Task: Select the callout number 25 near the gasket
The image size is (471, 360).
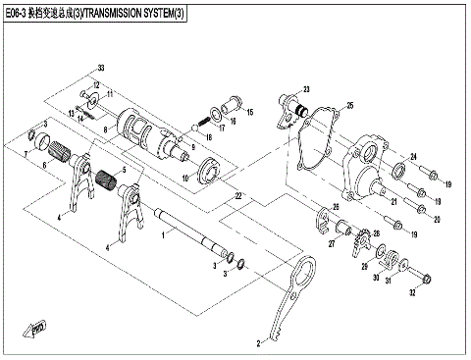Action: (x=350, y=105)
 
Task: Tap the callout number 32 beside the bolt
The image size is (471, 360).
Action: (x=413, y=292)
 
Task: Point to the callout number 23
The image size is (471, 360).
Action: (x=305, y=87)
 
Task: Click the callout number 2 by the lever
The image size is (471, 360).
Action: (x=258, y=344)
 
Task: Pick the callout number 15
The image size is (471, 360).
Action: (x=249, y=114)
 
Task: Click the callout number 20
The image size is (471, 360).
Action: (x=437, y=219)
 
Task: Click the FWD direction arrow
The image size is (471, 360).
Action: (x=40, y=328)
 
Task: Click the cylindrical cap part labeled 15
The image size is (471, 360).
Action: (x=233, y=101)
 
